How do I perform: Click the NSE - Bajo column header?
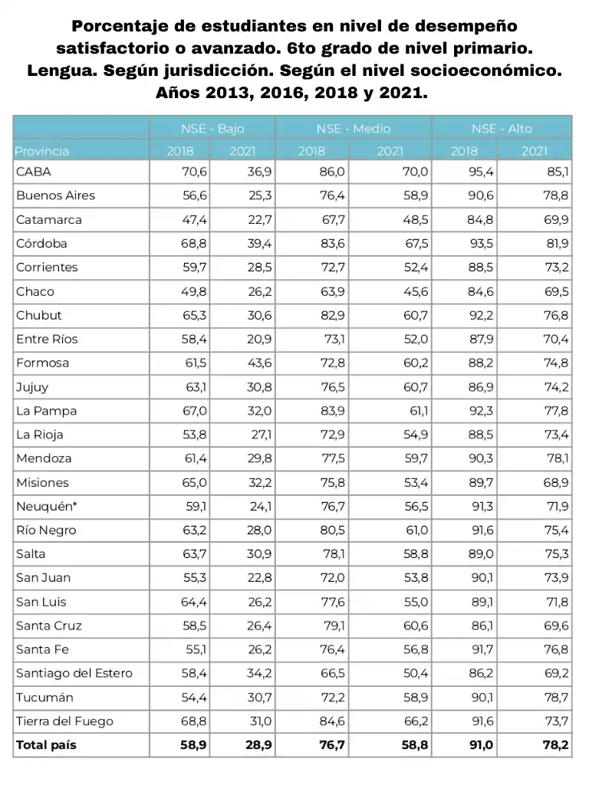pos(212,128)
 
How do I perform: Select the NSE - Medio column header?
pos(353,128)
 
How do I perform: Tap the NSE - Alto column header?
pos(502,128)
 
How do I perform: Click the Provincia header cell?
pos(42,151)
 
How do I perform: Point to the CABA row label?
pos(34,172)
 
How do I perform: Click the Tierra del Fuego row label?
pos(64,721)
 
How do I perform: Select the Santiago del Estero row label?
pos(74,673)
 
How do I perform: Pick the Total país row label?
pos(46,744)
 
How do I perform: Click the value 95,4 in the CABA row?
pos(475,172)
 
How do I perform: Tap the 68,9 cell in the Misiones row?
pos(554,482)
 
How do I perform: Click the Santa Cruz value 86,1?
pos(476,626)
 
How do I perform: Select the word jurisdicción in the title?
pos(251,71)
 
